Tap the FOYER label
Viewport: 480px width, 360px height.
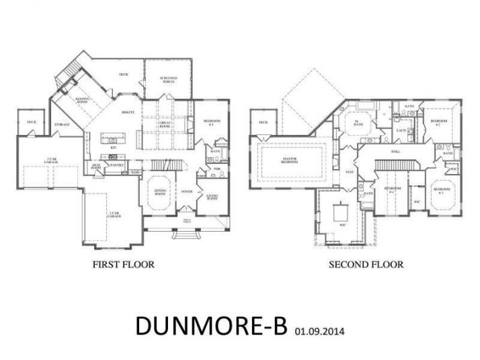(x=188, y=191)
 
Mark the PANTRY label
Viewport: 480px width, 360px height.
(x=116, y=164)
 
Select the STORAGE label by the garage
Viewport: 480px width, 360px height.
(x=63, y=124)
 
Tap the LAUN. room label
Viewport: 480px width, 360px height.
(x=401, y=130)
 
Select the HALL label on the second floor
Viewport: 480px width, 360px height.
(x=395, y=151)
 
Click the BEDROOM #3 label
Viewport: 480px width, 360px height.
(x=442, y=190)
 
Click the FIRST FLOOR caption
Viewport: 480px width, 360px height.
(x=123, y=265)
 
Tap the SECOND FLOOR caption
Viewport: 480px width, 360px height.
(x=366, y=265)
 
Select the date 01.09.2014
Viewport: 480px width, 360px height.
(x=321, y=330)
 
